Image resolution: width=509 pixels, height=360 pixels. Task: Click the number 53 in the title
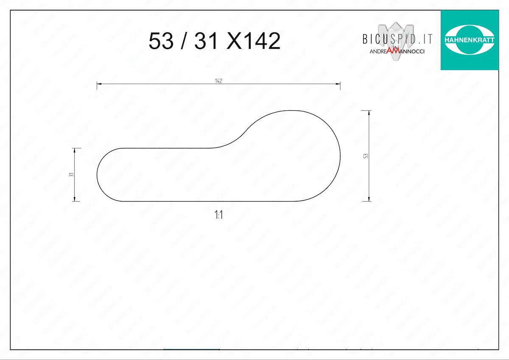161,41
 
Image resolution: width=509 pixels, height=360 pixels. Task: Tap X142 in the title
254,41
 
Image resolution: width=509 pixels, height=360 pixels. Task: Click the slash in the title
184,41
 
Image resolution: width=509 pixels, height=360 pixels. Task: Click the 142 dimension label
218,81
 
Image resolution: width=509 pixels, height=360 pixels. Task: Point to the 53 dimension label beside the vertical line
366,156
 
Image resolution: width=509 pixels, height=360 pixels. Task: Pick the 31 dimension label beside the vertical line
71,174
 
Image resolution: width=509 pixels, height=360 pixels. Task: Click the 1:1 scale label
218,215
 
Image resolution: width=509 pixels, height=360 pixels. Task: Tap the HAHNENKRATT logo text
470,40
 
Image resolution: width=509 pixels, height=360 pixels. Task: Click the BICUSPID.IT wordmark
397,39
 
